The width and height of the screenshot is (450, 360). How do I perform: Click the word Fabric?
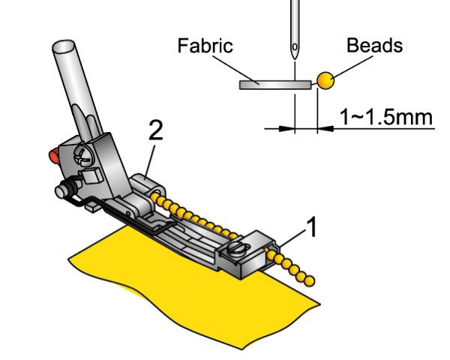205,46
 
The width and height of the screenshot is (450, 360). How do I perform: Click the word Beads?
374,45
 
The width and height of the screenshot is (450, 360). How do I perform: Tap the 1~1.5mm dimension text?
385,117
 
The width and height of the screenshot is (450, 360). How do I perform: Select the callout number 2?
156,132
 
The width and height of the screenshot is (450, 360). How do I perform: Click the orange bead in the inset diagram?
324,80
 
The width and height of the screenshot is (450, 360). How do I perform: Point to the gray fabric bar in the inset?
274,85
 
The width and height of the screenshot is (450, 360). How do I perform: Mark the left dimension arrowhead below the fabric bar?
286,128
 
